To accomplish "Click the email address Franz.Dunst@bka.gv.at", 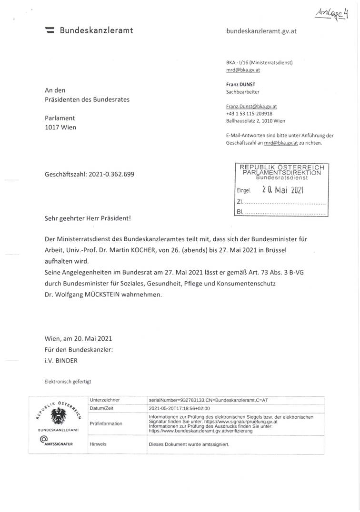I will tap(251, 107).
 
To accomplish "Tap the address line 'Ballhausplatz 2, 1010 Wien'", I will tap(256, 121).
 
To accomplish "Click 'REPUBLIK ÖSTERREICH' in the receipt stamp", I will tap(281, 167).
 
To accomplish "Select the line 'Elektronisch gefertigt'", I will tap(67, 382).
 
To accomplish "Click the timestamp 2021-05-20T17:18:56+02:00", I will tap(180, 408).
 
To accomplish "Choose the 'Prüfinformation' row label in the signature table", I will tap(106, 423).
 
